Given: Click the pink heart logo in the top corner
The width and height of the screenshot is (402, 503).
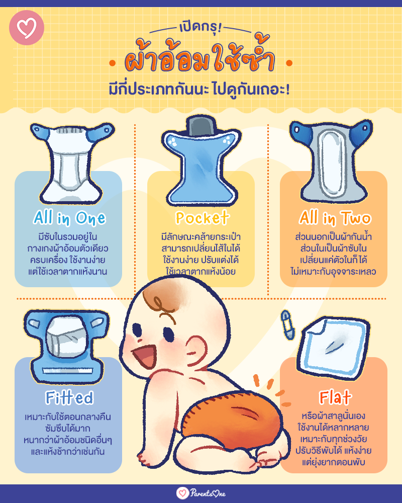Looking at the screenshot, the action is (x=27, y=28).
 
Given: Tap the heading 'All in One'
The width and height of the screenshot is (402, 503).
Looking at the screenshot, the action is (x=69, y=218).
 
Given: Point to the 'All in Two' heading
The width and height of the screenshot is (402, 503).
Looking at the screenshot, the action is (x=335, y=218).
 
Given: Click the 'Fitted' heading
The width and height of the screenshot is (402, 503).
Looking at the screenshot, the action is (x=69, y=398).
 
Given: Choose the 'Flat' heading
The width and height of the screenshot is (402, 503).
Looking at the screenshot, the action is (x=335, y=397).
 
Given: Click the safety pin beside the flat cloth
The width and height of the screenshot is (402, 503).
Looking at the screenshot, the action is (x=286, y=324).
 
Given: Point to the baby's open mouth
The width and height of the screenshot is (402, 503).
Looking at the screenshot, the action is (x=145, y=356).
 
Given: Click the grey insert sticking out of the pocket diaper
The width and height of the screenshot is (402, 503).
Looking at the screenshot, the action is (x=202, y=125).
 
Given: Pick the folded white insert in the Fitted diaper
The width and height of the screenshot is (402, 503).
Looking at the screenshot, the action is (x=66, y=337).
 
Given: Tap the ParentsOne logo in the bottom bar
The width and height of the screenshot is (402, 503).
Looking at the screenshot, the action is (x=201, y=493).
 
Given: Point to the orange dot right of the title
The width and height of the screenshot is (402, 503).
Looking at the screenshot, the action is (x=289, y=63).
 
